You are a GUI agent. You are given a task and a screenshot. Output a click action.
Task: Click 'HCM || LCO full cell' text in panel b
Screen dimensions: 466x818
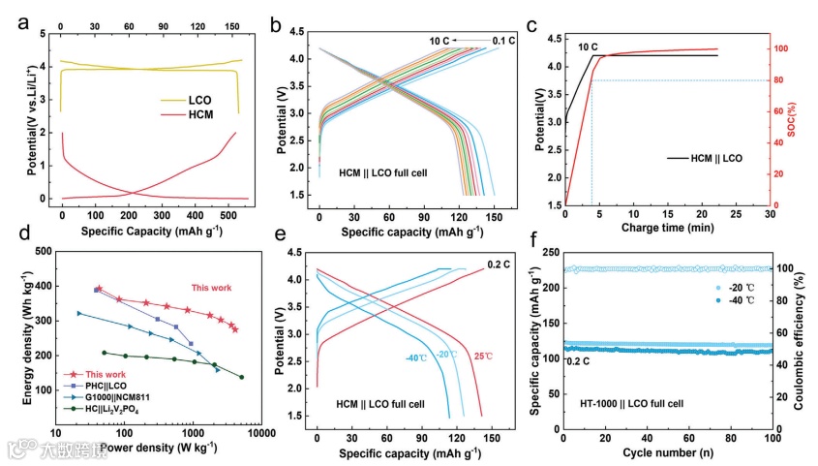click(x=391, y=172)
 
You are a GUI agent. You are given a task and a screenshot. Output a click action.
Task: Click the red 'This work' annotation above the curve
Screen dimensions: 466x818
click(x=211, y=288)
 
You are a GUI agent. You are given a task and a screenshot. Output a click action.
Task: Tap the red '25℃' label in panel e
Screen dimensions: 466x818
click(x=483, y=356)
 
